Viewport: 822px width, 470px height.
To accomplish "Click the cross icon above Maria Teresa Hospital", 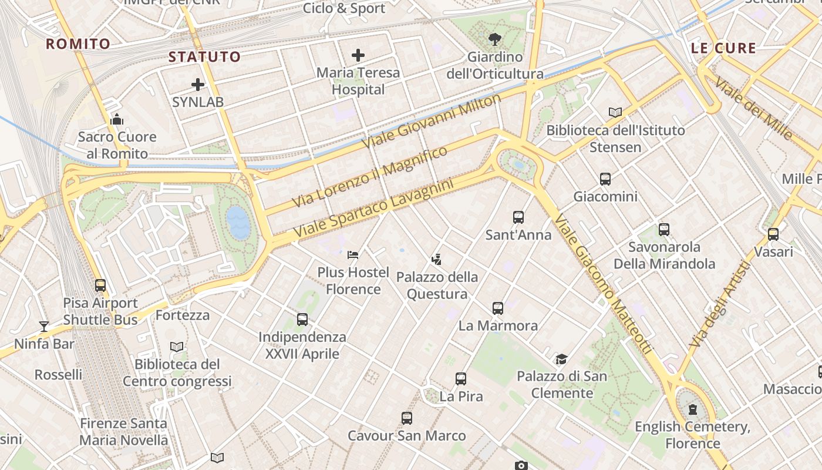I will point(358,55).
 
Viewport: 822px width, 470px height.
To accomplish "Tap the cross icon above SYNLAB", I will point(198,85).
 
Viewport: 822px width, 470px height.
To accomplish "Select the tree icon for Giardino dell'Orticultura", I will point(495,39).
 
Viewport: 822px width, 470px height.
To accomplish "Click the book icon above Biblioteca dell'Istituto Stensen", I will point(615,112).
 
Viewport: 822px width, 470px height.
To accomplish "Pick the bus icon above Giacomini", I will point(605,179).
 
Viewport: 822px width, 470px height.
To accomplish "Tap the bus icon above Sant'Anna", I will point(518,217).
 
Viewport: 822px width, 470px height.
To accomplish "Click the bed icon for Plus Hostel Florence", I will point(353,255).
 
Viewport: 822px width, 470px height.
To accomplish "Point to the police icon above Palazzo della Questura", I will point(436,259).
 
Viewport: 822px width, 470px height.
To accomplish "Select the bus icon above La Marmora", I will point(498,308).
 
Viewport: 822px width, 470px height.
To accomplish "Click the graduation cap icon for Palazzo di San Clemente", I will point(562,359).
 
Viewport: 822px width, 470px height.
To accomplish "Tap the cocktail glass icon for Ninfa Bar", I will point(44,326).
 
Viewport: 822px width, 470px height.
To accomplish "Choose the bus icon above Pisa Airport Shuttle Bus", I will point(100,286).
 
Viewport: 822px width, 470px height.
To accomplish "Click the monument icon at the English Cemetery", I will point(693,409).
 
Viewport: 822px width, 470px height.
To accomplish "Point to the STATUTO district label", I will point(204,57).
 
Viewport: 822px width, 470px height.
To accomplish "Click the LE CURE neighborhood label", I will point(723,48).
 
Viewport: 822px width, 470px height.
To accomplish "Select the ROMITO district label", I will point(78,44).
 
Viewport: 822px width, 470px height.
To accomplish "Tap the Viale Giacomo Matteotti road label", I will point(603,285).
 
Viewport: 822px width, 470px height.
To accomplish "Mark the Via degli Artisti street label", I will point(721,304).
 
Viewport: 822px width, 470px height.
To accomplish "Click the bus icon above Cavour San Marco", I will point(407,418).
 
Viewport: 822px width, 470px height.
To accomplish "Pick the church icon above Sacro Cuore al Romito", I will point(117,120).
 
